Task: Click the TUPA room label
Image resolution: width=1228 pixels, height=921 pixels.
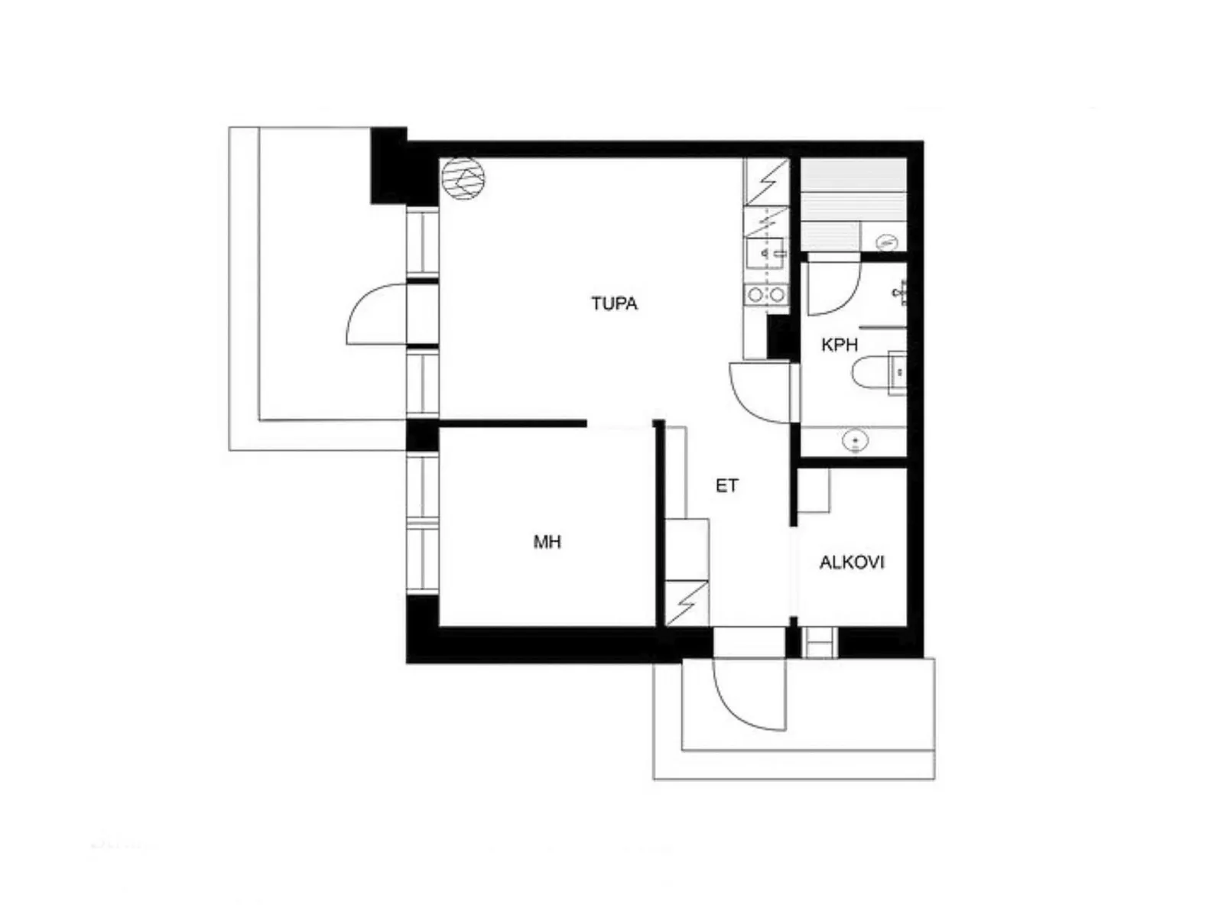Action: [614, 303]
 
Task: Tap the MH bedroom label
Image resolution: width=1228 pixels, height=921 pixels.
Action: [547, 542]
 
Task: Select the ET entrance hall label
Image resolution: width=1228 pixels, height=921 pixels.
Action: [726, 486]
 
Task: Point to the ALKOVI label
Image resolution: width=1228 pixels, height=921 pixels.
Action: [852, 562]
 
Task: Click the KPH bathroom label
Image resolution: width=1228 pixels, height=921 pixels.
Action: [839, 345]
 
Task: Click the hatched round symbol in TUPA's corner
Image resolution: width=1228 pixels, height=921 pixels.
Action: [463, 178]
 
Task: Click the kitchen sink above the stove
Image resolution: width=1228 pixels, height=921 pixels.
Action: [765, 254]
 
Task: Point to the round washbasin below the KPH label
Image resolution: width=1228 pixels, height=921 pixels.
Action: [856, 440]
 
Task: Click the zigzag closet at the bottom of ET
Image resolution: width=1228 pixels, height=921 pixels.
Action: [687, 603]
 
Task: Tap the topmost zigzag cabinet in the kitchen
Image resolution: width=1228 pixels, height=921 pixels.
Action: [766, 181]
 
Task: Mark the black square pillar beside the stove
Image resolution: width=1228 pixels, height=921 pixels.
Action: [781, 336]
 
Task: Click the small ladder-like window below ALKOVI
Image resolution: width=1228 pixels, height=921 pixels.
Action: [820, 643]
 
